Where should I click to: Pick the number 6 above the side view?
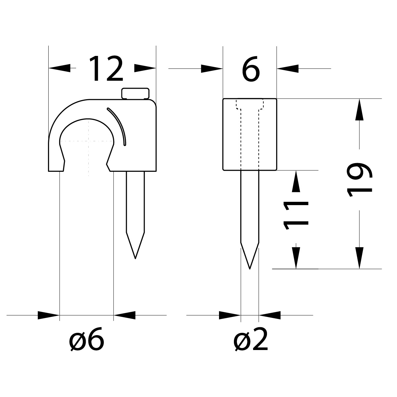(251, 70)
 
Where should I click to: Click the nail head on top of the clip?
(136, 93)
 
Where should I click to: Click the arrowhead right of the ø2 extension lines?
(270, 315)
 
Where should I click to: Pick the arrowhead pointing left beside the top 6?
(288, 68)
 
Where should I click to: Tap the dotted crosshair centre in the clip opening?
(89, 141)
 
